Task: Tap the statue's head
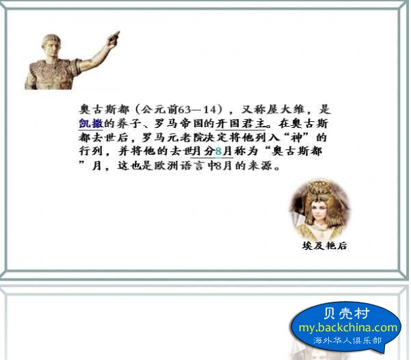[x=51, y=46]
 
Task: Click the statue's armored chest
[x=53, y=75]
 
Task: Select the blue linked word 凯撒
[x=91, y=123]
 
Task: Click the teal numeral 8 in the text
[x=218, y=151]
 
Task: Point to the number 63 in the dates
[x=185, y=110]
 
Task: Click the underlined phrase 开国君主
[x=240, y=123]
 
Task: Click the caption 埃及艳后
[x=325, y=246]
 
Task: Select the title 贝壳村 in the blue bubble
[x=347, y=313]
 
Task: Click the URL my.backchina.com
[x=348, y=328]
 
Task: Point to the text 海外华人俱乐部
[x=347, y=341]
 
